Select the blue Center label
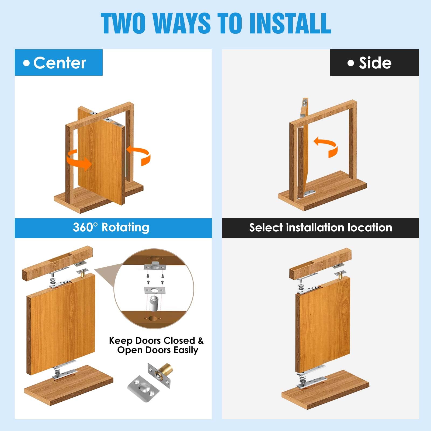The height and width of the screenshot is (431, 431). pos(59,62)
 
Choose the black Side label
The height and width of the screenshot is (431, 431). pos(374,62)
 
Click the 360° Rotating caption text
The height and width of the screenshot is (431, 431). pos(111,228)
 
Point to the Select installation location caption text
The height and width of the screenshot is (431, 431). pos(321,228)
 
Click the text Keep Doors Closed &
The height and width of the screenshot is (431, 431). pos(156,340)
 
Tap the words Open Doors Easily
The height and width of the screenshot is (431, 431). pos(158,350)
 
